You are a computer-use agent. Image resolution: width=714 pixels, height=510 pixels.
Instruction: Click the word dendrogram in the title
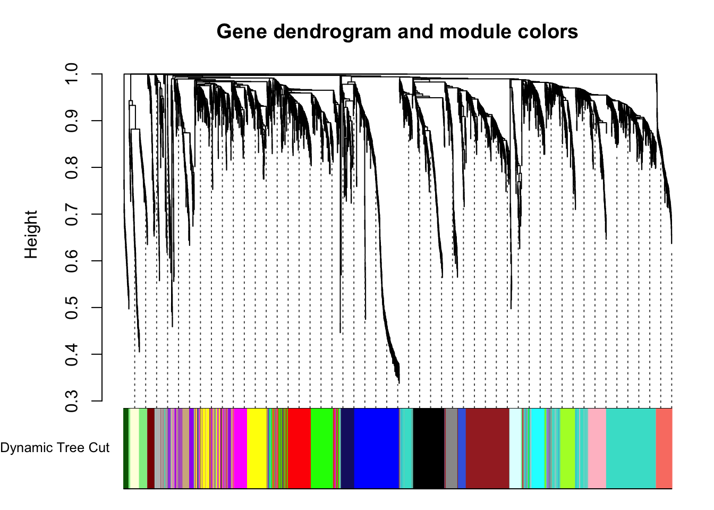[332, 32]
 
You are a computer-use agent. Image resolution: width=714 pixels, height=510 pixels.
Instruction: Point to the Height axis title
[31, 234]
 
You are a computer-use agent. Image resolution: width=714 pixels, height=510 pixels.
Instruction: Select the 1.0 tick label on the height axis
[71, 74]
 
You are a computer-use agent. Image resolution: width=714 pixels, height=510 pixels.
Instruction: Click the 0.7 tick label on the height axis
[71, 214]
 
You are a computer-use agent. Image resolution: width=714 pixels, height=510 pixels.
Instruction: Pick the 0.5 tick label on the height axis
[71, 308]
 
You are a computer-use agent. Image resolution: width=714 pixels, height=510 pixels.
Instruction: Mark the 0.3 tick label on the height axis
[71, 401]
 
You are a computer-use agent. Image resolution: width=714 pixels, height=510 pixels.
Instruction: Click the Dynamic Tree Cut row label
[55, 448]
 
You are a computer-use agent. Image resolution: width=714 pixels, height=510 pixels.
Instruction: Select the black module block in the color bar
[428, 448]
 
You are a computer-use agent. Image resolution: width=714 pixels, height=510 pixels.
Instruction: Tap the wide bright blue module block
[377, 448]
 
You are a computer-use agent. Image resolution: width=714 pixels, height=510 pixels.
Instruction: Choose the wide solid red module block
[299, 448]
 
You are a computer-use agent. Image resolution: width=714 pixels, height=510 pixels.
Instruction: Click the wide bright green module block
[322, 448]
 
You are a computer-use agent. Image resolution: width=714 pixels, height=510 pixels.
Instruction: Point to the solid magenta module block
[240, 448]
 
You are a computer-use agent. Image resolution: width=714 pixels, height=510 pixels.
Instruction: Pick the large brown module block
[487, 448]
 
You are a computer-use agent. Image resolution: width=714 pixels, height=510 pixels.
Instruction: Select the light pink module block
[597, 448]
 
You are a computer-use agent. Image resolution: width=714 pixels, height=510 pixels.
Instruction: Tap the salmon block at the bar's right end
[664, 448]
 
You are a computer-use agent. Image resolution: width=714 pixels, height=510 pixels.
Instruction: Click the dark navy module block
[347, 448]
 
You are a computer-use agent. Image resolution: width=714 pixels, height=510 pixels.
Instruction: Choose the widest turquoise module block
[631, 448]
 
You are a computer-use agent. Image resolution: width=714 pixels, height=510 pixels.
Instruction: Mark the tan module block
[185, 448]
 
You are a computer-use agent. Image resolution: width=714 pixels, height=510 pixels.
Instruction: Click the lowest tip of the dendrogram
[399, 383]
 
